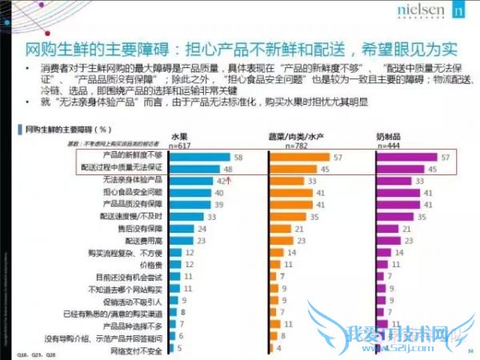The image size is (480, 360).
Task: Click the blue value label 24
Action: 205,227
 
